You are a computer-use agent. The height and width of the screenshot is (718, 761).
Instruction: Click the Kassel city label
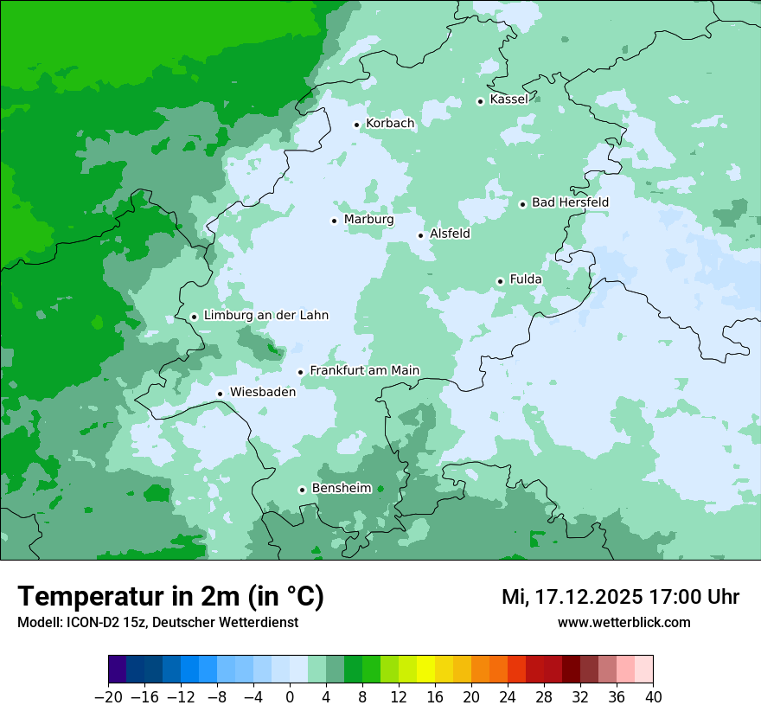point(508,99)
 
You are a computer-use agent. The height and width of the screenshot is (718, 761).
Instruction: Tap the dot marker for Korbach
point(356,125)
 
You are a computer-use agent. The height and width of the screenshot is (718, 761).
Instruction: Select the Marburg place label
point(368,220)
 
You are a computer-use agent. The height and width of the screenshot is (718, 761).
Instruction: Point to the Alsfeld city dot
point(421,235)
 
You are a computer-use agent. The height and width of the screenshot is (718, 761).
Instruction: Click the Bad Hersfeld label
point(570,202)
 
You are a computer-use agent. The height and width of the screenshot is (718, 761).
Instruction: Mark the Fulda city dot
point(500,281)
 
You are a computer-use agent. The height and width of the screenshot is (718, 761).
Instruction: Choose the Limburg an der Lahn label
point(265,316)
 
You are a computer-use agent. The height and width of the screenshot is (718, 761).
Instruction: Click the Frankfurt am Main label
point(364,370)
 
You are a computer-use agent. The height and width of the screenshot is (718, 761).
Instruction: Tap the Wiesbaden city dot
point(221,394)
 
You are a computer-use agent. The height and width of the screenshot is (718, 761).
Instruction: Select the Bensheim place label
point(341,489)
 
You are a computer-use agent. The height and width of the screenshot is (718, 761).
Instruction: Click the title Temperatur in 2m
point(170,597)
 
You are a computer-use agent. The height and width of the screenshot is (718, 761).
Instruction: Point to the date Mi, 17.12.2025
point(571,597)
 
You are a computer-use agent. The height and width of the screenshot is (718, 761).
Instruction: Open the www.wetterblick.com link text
point(624,622)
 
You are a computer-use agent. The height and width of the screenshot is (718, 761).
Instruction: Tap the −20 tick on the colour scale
point(108,697)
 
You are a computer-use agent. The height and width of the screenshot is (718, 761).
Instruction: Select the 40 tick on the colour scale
point(653,697)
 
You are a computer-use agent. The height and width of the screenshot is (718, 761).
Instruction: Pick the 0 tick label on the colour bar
point(290,697)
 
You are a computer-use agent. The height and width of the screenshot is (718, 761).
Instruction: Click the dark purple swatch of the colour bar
point(117,670)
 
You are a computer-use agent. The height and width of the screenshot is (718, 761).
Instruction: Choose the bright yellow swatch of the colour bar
point(425,670)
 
